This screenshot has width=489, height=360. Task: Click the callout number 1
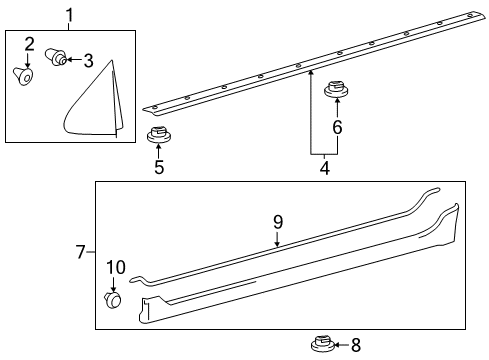(x=69, y=16)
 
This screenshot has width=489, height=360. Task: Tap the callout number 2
(x=29, y=44)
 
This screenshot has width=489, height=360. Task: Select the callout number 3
(x=88, y=61)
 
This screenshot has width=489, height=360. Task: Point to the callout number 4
(x=325, y=168)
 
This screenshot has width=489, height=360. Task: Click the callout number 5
(x=159, y=167)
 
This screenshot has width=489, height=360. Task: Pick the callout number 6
(x=337, y=127)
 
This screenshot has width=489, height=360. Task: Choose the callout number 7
(x=81, y=252)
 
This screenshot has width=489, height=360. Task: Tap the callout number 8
(x=356, y=345)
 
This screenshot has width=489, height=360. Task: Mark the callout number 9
(x=278, y=222)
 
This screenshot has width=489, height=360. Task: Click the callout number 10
(x=116, y=267)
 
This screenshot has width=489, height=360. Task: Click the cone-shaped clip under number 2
(x=24, y=76)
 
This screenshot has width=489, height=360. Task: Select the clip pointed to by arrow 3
(x=55, y=57)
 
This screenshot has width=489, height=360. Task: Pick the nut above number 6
(x=337, y=89)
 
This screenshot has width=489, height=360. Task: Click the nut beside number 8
(x=323, y=344)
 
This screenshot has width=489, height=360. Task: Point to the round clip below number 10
(x=113, y=300)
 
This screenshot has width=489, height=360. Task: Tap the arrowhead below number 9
(x=277, y=245)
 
